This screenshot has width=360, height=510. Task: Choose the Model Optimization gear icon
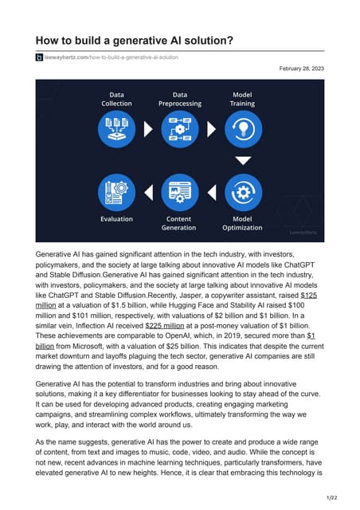coord(243,193)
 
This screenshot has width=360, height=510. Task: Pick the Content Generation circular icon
coord(180,193)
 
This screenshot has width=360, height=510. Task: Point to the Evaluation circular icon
coord(116,193)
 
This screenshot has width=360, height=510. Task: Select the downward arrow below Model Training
coord(243,160)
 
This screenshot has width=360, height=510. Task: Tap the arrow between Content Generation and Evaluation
coord(148,193)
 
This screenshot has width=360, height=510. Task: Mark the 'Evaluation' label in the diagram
coord(116,218)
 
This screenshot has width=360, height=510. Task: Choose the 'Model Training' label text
coord(243,99)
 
